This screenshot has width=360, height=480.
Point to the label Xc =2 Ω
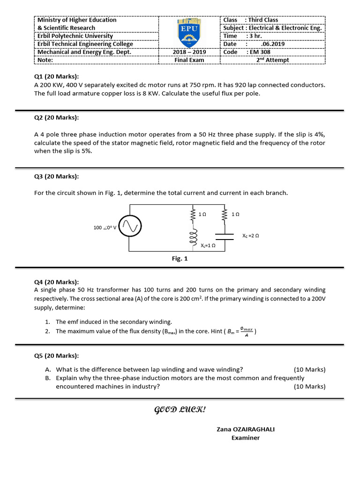[251, 236]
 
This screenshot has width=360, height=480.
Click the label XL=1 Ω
[208, 245]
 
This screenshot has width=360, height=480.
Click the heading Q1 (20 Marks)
[56, 77]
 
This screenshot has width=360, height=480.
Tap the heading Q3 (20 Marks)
[56, 176]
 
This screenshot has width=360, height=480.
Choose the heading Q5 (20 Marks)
[56, 355]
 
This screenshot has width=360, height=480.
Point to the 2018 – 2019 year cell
[189, 52]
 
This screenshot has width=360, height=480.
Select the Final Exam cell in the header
[189, 60]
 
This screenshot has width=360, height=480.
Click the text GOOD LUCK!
[180, 410]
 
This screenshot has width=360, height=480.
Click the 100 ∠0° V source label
[105, 228]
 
